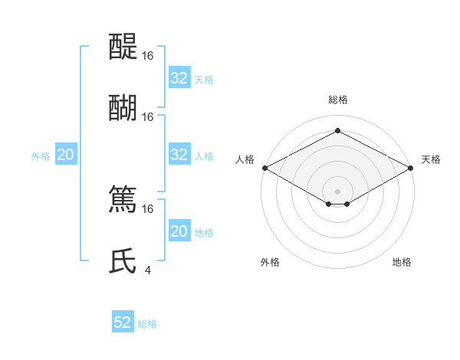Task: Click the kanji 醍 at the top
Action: pyautogui.click(x=123, y=45)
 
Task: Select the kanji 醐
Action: pyautogui.click(x=123, y=106)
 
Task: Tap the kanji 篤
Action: pyautogui.click(x=123, y=198)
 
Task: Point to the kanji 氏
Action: pyautogui.click(x=123, y=260)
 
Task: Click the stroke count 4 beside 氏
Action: pyautogui.click(x=148, y=270)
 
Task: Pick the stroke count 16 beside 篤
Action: pyautogui.click(x=148, y=208)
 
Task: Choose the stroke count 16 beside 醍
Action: pyautogui.click(x=148, y=55)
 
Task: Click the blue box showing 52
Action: pyautogui.click(x=123, y=322)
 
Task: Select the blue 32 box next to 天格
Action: pyautogui.click(x=179, y=78)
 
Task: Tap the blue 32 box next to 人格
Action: pyautogui.click(x=179, y=155)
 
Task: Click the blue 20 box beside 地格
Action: pyautogui.click(x=179, y=231)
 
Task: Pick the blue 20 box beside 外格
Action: pyautogui.click(x=65, y=155)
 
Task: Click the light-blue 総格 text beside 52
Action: pyautogui.click(x=147, y=324)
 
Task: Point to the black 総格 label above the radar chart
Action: pyautogui.click(x=337, y=100)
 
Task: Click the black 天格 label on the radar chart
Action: pyautogui.click(x=431, y=159)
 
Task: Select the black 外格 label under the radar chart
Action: pyautogui.click(x=270, y=262)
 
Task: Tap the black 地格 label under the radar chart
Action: pyautogui.click(x=402, y=262)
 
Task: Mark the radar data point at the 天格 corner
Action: pyautogui.click(x=411, y=168)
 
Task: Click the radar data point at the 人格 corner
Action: pyautogui.click(x=264, y=168)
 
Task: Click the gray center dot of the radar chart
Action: pyautogui.click(x=337, y=191)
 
